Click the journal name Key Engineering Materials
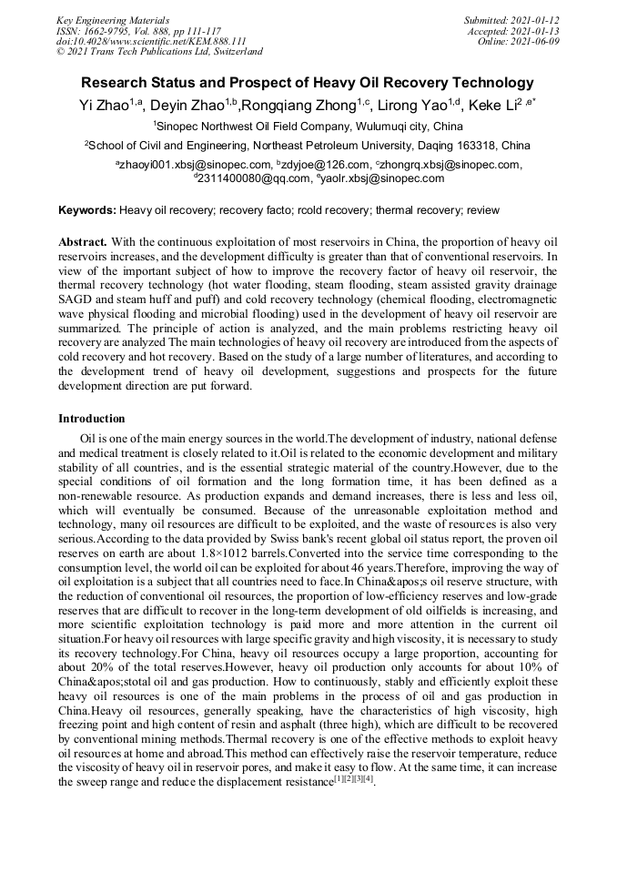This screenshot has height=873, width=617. [x=112, y=19]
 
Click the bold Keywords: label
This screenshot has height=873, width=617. [x=87, y=210]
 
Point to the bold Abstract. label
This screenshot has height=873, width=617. [x=83, y=243]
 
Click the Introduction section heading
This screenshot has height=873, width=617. [x=92, y=419]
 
